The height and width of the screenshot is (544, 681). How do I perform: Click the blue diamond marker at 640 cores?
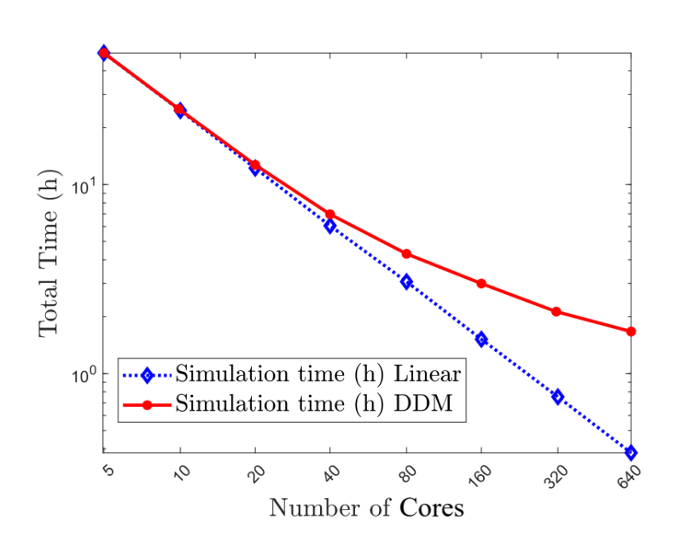632,452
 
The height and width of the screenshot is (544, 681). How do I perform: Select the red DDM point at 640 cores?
632,331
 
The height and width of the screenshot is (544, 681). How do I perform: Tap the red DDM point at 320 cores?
556,311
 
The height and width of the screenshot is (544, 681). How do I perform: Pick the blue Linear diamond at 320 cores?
557,396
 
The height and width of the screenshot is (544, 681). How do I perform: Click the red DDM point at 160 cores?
481,283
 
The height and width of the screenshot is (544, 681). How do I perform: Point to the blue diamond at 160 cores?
481,339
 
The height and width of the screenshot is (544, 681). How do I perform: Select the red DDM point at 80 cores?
406,253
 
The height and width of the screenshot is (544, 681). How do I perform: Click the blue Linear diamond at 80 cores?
406,281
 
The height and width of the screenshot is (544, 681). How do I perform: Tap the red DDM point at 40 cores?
330,214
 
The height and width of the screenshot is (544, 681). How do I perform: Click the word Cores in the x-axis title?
431,508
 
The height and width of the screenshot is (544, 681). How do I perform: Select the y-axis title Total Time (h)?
49,251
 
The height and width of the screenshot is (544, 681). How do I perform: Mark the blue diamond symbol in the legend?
146,375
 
